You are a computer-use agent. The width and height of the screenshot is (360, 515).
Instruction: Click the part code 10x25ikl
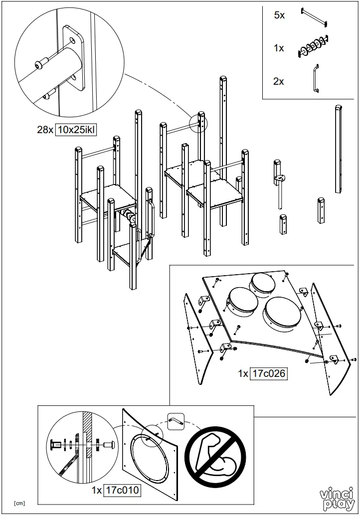pyautogui.click(x=75, y=130)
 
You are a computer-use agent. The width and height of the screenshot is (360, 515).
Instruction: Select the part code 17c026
pyautogui.click(x=269, y=373)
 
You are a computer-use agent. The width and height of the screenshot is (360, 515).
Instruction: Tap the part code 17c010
pyautogui.click(x=122, y=491)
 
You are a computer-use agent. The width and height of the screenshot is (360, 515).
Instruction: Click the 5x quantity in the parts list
pyautogui.click(x=279, y=15)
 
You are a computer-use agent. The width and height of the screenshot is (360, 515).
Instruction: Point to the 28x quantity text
pyautogui.click(x=45, y=130)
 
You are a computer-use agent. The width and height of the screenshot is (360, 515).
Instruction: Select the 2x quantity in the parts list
pyautogui.click(x=279, y=81)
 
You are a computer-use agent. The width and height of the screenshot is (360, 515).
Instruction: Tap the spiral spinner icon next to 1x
pyautogui.click(x=313, y=48)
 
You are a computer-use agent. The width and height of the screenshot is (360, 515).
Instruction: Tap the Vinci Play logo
pyautogui.click(x=338, y=499)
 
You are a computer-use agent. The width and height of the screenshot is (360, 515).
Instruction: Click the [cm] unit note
pyautogui.click(x=19, y=503)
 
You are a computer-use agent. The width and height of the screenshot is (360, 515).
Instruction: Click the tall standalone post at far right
pyautogui.click(x=339, y=150)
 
